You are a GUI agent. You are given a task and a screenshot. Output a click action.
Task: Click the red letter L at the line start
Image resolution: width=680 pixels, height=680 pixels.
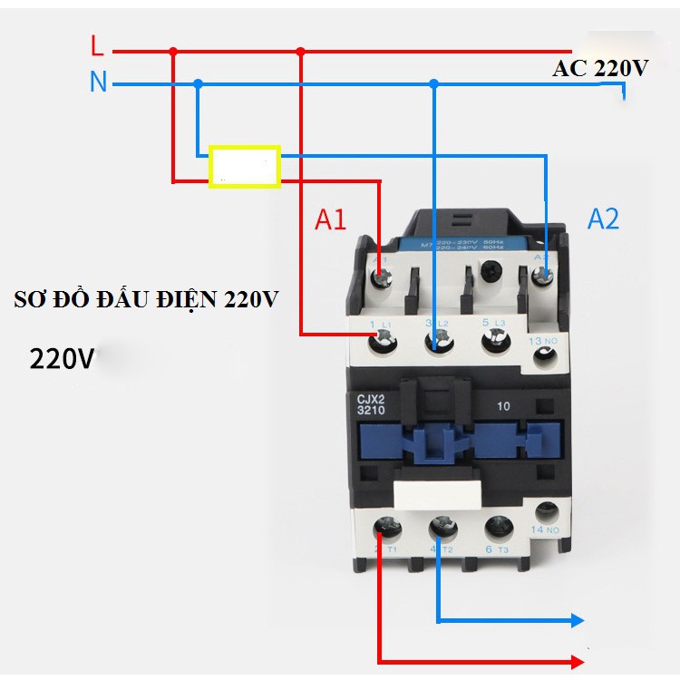[98, 45]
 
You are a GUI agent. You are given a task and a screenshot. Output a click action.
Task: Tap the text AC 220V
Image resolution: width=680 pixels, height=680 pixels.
[599, 70]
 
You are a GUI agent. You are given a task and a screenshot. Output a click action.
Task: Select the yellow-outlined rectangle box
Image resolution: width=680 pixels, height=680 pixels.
[244, 167]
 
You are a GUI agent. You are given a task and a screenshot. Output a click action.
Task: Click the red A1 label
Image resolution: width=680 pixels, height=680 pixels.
[331, 219]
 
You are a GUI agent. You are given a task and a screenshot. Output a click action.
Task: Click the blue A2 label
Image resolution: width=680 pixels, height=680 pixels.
[603, 219]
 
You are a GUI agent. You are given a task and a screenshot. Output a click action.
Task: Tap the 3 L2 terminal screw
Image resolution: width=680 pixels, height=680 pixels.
[439, 340]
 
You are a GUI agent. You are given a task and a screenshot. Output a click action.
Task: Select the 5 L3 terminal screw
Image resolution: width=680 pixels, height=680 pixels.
[495, 340]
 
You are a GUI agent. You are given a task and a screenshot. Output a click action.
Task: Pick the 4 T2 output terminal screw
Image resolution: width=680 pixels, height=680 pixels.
[442, 527]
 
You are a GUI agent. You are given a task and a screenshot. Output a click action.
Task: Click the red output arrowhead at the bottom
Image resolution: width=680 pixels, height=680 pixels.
[576, 661]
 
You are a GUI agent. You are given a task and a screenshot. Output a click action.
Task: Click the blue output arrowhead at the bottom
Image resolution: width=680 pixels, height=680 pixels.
[576, 621]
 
